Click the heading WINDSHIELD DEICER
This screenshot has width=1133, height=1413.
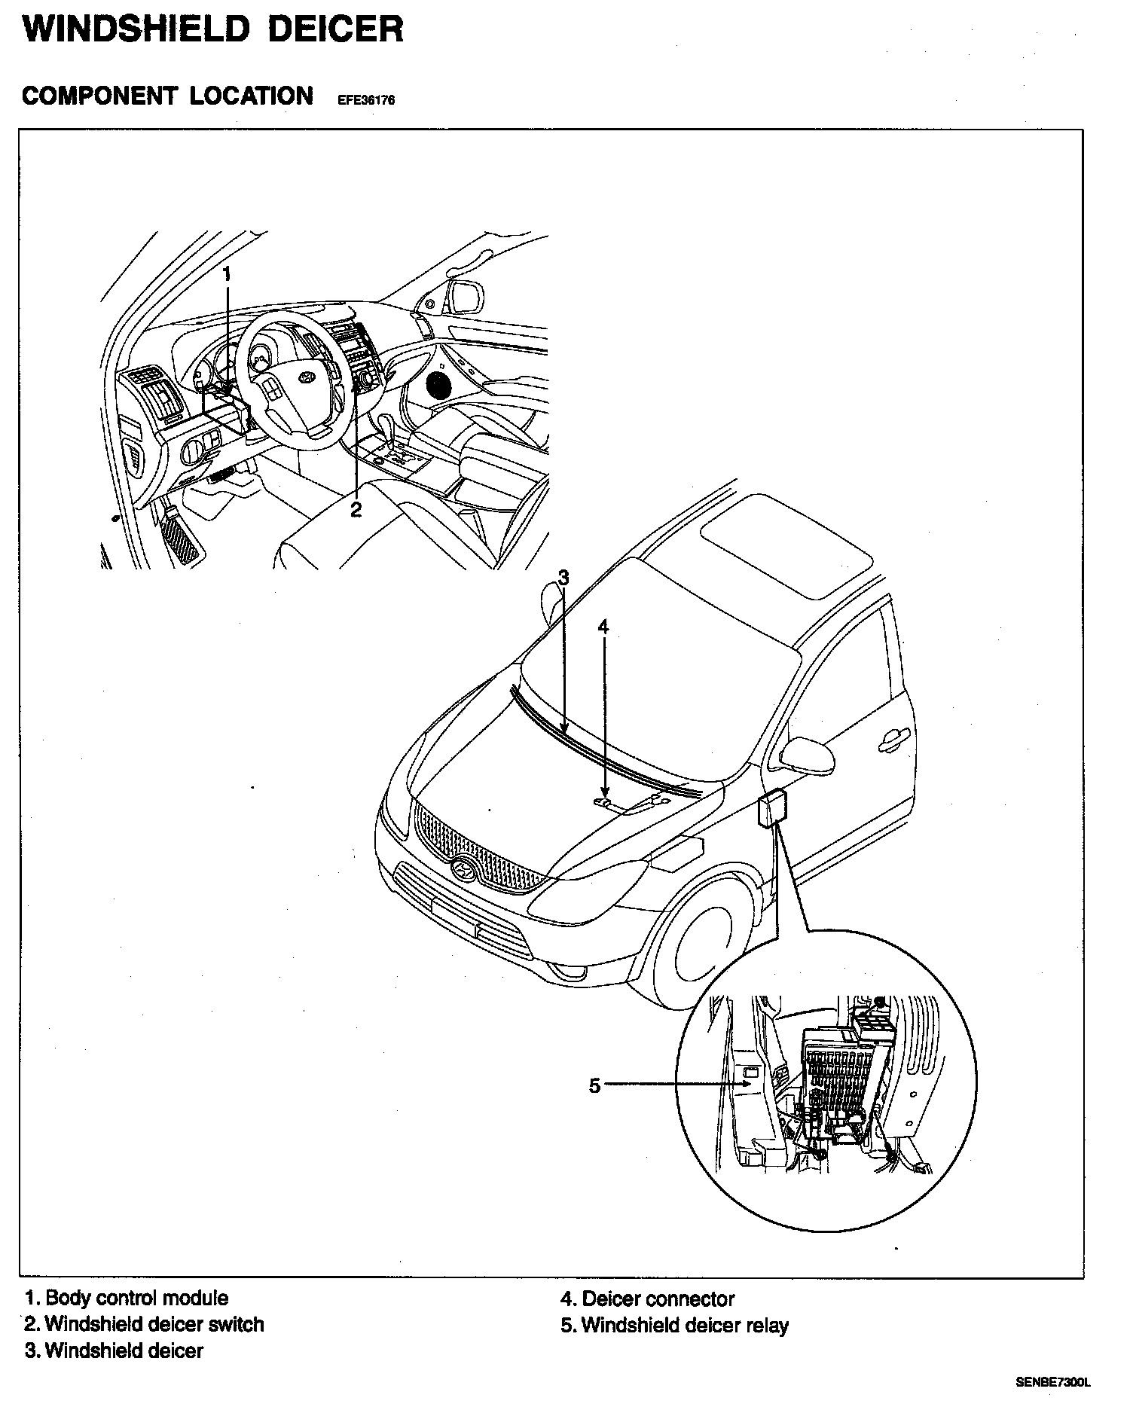pyautogui.click(x=213, y=31)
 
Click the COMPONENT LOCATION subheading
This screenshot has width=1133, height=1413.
pyautogui.click(x=168, y=96)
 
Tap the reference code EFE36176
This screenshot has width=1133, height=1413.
pyautogui.click(x=361, y=100)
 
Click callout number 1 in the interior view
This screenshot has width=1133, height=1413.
pyautogui.click(x=227, y=275)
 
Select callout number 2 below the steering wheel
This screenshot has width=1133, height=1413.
pyautogui.click(x=356, y=510)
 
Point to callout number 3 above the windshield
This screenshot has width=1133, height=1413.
pyautogui.click(x=563, y=578)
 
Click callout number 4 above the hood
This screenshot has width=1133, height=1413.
pyautogui.click(x=603, y=627)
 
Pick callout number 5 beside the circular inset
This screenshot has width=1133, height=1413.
pyautogui.click(x=595, y=1085)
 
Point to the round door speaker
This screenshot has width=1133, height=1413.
pyautogui.click(x=439, y=385)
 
